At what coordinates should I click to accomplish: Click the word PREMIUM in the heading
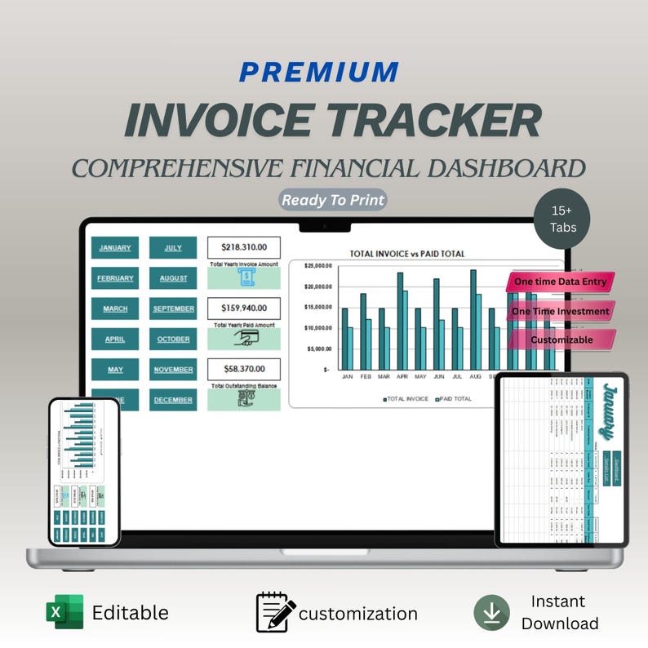pos(319,72)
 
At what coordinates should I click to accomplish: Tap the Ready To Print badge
pos(333,200)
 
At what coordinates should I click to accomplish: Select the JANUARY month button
pos(115,247)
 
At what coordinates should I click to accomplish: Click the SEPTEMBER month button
pos(173,308)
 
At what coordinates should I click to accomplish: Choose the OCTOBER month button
pos(173,339)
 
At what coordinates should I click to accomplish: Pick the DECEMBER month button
pos(173,400)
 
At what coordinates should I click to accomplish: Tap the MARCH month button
pos(115,308)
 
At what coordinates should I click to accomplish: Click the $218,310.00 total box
pos(243,247)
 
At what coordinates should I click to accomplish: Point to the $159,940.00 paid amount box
pos(243,308)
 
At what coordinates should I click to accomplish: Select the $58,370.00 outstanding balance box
pos(243,370)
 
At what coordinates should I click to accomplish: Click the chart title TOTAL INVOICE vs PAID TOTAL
pos(406,254)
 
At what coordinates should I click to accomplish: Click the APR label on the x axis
pos(402,378)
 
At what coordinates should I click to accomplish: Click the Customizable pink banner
pos(561,340)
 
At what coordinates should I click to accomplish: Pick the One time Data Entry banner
pos(560,282)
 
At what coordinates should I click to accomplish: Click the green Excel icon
pos(64,613)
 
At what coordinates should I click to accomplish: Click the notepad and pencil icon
pos(276,613)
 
